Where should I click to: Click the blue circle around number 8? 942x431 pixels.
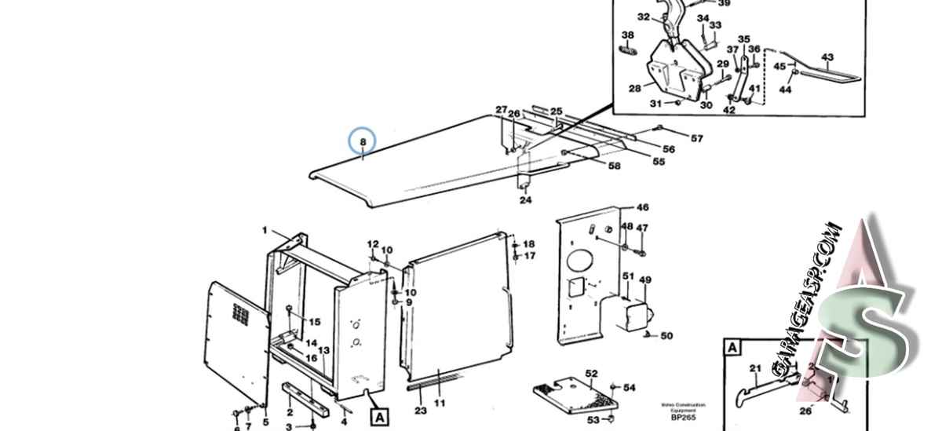point(363,141)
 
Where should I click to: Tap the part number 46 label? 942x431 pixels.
point(642,208)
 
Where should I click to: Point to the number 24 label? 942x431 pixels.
point(525,200)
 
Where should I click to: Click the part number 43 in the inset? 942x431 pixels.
point(827,57)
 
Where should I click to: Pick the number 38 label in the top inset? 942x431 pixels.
point(627,35)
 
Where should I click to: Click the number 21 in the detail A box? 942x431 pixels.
point(755,368)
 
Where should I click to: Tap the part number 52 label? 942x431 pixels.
point(591,374)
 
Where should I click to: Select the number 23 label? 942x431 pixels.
point(420,411)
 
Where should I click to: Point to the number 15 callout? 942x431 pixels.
point(314,322)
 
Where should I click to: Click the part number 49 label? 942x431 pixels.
point(645,280)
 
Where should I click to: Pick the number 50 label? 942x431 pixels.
point(666,336)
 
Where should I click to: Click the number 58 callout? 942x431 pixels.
point(614,166)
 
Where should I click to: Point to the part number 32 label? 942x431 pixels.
point(643,16)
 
